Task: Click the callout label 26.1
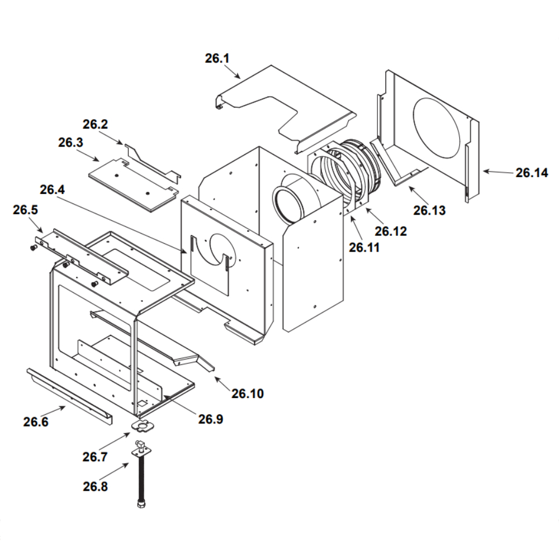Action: [x=217, y=59]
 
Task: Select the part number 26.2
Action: [x=95, y=125]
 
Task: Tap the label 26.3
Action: [x=70, y=143]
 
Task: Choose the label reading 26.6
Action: [x=36, y=422]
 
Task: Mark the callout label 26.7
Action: [x=95, y=457]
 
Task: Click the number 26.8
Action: [x=96, y=486]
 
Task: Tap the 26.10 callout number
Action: [x=248, y=394]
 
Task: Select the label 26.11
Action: [x=364, y=247]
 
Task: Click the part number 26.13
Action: [x=430, y=210]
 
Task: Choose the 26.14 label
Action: [x=532, y=173]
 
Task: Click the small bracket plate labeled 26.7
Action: [x=143, y=427]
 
